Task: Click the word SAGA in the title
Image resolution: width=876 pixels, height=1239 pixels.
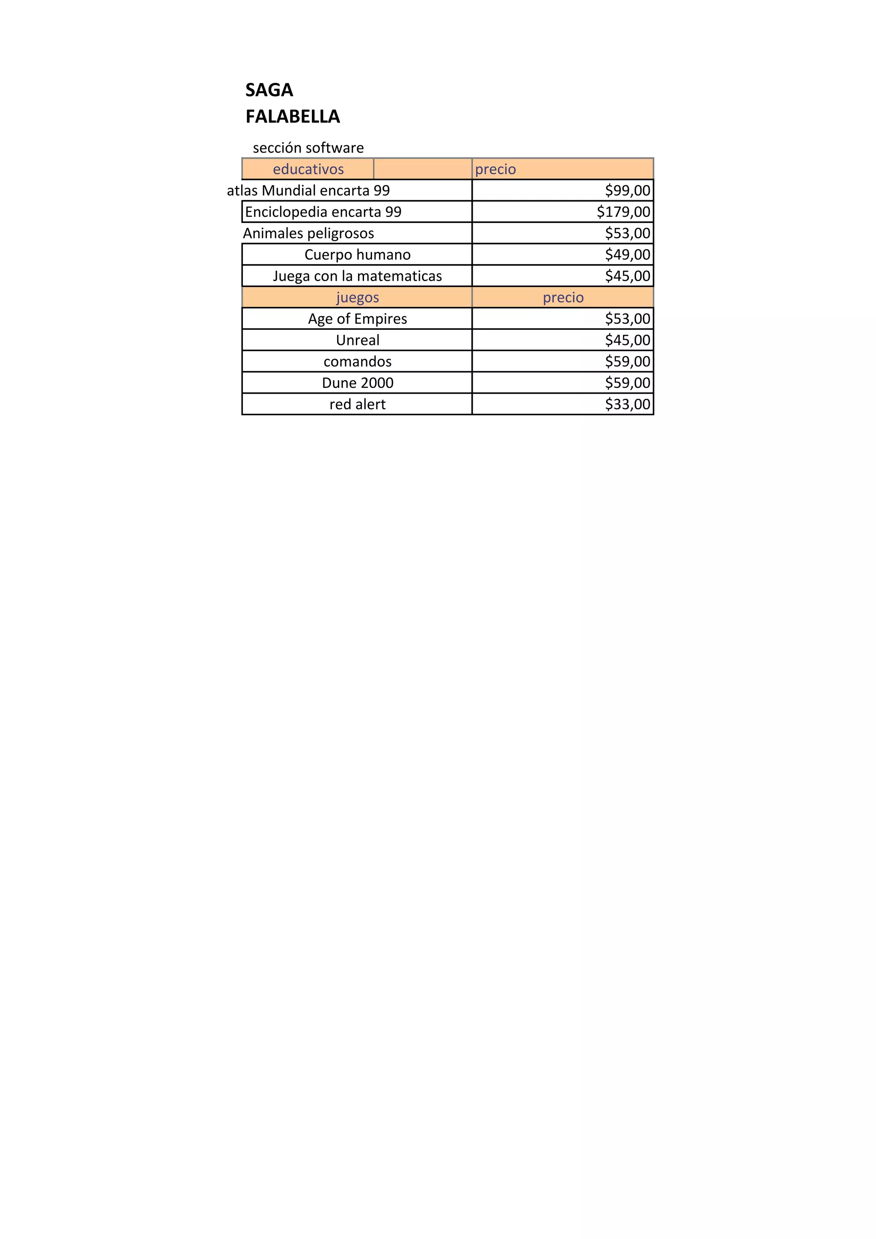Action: tap(269, 90)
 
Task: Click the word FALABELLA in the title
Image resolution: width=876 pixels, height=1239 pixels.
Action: tap(293, 116)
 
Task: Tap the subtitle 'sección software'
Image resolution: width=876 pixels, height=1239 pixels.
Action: tap(308, 148)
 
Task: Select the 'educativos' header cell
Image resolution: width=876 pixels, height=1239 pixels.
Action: tap(308, 169)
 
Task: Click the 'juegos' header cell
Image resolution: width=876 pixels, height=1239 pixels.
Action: tap(357, 297)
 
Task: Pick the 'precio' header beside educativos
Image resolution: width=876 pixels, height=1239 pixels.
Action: tap(495, 169)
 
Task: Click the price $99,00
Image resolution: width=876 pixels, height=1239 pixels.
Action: tap(627, 190)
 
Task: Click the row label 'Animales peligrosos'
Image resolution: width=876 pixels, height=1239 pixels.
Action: tap(308, 234)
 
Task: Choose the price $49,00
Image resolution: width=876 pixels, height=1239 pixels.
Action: tap(627, 255)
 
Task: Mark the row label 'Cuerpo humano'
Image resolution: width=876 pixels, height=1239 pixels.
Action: tap(357, 255)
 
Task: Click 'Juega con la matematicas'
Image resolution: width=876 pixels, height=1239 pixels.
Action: tap(357, 276)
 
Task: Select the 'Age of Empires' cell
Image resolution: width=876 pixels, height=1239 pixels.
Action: tap(357, 319)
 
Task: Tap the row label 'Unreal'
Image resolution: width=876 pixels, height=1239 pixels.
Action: tap(357, 341)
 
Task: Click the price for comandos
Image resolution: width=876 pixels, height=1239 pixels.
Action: tap(627, 362)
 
